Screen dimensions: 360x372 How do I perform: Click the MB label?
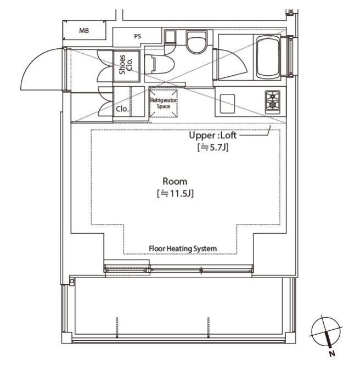click(84, 31)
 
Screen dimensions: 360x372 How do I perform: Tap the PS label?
click(138, 36)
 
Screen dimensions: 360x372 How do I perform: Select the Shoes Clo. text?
click(126, 65)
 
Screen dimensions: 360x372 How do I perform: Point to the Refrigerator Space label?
click(164, 103)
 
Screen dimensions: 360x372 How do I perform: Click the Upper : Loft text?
click(212, 135)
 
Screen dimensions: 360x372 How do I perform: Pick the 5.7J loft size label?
click(213, 148)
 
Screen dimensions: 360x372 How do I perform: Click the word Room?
click(175, 182)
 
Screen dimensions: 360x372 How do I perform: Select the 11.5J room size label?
click(175, 194)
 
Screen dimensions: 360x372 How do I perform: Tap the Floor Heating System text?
click(183, 249)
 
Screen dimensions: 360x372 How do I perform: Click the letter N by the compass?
click(332, 354)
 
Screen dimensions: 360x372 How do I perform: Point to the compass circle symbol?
click(326, 331)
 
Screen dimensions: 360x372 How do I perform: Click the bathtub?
click(268, 57)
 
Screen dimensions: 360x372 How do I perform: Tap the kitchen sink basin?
click(227, 104)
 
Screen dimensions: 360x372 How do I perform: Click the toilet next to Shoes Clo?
click(160, 64)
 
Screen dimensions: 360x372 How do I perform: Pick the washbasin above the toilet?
click(196, 42)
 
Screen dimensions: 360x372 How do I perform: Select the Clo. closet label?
click(122, 109)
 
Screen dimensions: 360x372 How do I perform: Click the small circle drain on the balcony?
click(72, 281)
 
